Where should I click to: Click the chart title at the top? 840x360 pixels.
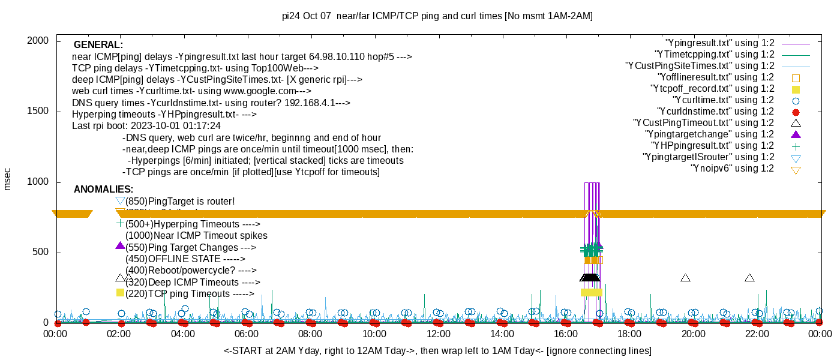(437, 16)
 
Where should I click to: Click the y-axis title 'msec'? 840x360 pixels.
(8, 178)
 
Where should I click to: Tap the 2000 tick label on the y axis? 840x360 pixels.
(37, 40)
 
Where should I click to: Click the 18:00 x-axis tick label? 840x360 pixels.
(629, 334)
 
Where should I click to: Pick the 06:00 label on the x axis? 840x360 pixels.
(247, 334)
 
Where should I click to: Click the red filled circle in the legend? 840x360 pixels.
(796, 112)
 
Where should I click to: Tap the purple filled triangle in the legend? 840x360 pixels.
(796, 134)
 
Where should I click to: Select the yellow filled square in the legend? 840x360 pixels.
(796, 89)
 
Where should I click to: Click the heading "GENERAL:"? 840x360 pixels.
(98, 45)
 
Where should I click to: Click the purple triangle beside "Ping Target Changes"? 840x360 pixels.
(120, 245)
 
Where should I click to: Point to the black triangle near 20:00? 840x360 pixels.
(686, 278)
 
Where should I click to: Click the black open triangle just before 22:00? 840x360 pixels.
(749, 278)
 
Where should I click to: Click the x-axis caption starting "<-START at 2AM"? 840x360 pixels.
(437, 350)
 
